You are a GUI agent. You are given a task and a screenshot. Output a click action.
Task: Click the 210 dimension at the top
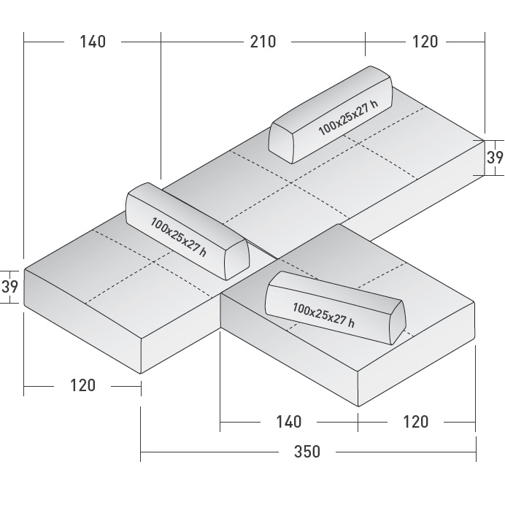263,42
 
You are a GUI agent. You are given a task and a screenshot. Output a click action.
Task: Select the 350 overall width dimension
307,452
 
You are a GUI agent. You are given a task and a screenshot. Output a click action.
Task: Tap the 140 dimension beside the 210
93,42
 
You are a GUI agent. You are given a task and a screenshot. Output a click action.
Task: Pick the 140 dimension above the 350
288,421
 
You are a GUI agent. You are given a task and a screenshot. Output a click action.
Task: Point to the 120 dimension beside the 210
425,42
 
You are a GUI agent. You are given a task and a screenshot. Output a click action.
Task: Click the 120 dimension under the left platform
82,385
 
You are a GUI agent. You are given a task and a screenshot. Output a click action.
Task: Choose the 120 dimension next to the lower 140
415,421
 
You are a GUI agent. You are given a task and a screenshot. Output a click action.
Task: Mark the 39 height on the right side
495,158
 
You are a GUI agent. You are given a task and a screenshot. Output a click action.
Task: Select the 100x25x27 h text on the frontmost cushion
323,313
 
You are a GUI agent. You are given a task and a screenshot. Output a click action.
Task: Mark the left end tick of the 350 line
141,452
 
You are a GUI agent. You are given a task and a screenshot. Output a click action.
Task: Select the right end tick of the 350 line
476,452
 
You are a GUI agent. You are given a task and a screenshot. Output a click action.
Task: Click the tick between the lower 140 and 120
358,421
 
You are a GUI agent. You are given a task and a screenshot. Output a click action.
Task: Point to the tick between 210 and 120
365,42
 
